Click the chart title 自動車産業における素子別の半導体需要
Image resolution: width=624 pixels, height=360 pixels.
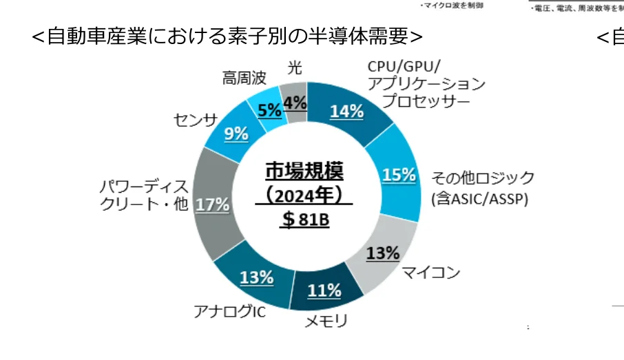click(x=227, y=36)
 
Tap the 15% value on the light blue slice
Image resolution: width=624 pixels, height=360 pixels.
click(x=399, y=175)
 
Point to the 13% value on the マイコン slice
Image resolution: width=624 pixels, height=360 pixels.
click(x=383, y=253)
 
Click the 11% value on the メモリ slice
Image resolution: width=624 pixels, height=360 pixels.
click(x=324, y=290)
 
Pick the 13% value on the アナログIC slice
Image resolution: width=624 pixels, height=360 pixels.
click(x=256, y=277)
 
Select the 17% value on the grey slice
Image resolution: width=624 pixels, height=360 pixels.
click(x=212, y=204)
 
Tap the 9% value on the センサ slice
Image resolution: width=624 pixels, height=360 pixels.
click(x=236, y=134)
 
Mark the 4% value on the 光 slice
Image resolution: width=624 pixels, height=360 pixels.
click(x=294, y=103)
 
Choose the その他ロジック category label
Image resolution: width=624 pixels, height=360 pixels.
click(x=482, y=178)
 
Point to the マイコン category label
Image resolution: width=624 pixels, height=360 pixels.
click(x=430, y=273)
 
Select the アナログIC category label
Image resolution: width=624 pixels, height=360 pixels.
click(x=229, y=312)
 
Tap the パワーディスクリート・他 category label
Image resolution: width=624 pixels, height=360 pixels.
click(x=143, y=195)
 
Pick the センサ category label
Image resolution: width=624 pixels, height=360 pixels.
click(x=195, y=120)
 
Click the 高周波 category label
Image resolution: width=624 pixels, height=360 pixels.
click(x=244, y=78)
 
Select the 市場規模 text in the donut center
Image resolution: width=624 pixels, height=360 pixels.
click(x=304, y=170)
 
